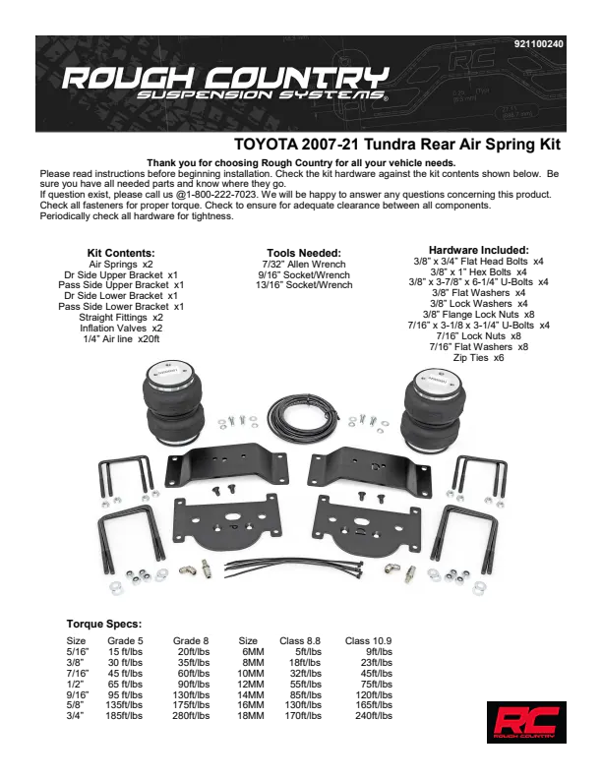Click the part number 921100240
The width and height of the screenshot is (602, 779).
coord(538,44)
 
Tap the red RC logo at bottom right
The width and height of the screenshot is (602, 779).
coord(526,722)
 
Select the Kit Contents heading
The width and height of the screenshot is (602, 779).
coord(121,254)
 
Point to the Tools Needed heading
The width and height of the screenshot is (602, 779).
coord(304,254)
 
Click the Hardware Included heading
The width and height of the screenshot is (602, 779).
coord(479,251)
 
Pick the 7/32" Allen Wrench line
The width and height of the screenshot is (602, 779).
coord(304,265)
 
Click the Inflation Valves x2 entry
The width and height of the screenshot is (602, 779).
coord(121,329)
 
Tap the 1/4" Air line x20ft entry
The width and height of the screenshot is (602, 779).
coord(121,339)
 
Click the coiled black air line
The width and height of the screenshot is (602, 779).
coord(304,417)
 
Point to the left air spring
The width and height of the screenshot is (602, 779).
coord(173,403)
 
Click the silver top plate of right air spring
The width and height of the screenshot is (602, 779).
coord(433,377)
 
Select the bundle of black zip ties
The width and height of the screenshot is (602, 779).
coord(294,568)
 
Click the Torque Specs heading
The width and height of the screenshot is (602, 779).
coord(104,624)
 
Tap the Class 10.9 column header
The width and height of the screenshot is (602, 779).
coord(368,641)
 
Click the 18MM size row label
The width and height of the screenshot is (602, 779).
coord(252,716)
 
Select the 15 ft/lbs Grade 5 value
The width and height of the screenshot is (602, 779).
coord(125,652)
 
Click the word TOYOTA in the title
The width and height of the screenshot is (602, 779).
coord(266,145)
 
